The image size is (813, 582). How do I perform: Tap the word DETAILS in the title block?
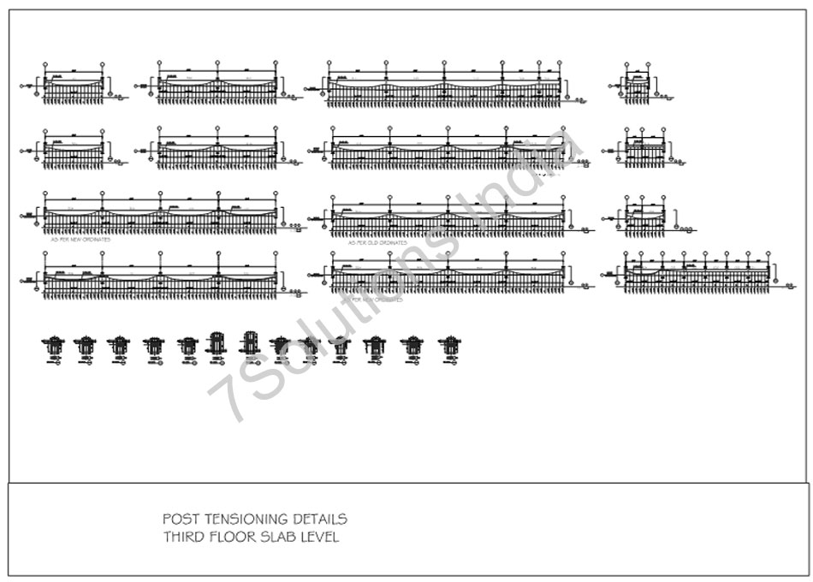pyautogui.click(x=318, y=520)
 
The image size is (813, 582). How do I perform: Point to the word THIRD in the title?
pyautogui.click(x=181, y=538)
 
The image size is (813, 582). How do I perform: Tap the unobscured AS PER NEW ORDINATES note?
pyautogui.click(x=81, y=241)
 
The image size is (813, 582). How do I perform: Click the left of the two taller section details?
pyautogui.click(x=216, y=344)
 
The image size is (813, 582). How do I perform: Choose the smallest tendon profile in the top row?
pyautogui.click(x=638, y=85)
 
